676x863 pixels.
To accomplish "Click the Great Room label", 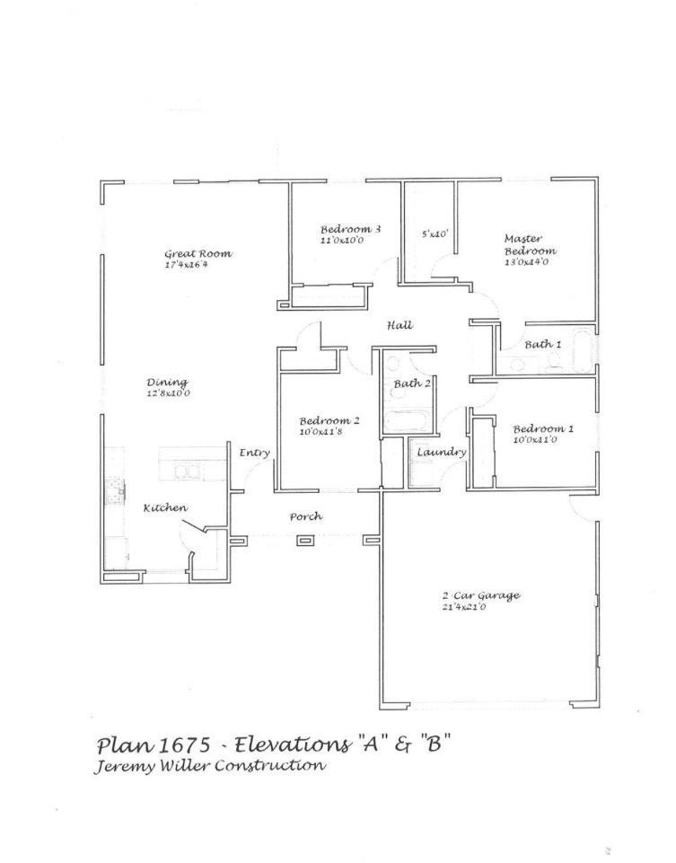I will (x=198, y=254).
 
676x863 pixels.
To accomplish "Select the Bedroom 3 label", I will (x=350, y=230).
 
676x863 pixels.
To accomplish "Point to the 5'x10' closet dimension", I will (x=435, y=233).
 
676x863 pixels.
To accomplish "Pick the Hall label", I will (x=399, y=325).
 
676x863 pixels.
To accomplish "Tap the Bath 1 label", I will (x=543, y=344).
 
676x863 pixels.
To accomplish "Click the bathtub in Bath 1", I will (x=582, y=352).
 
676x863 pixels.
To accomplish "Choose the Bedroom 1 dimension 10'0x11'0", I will (x=537, y=440).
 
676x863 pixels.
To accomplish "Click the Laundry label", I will (x=441, y=452).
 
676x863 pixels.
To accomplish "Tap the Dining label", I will (x=167, y=383).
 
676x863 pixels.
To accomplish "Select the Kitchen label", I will (x=165, y=508).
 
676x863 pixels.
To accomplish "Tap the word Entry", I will (x=254, y=454).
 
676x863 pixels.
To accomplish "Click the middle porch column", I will (x=305, y=541).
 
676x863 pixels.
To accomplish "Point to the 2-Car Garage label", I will (x=480, y=595).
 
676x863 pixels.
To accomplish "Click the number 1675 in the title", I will (x=185, y=745).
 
